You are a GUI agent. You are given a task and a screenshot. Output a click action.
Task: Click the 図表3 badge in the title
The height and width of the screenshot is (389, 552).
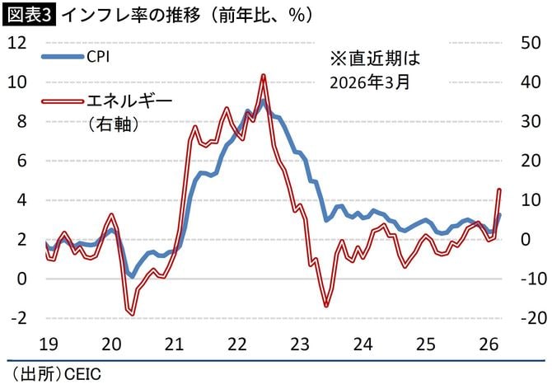tap(29, 14)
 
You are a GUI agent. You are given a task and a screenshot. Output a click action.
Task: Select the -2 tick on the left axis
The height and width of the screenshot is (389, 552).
tap(16, 318)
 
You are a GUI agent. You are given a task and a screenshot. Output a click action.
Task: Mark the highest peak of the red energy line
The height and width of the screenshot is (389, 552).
tap(263, 76)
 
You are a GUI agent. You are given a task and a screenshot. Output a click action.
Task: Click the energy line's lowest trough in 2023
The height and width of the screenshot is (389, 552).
tap(326, 305)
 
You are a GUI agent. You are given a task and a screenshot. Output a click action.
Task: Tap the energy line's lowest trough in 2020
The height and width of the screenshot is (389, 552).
tap(131, 312)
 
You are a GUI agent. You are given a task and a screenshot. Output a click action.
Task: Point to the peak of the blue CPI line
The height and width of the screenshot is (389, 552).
tap(262, 101)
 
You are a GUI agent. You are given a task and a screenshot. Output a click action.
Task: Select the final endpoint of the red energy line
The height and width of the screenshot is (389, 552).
tap(499, 190)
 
